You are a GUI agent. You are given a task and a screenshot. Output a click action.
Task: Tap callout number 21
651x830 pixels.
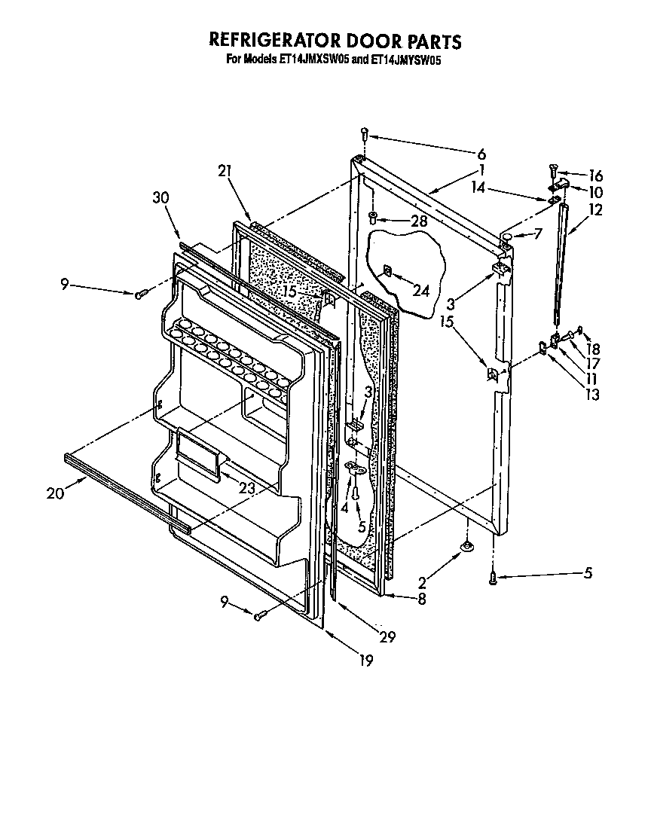pos(223,172)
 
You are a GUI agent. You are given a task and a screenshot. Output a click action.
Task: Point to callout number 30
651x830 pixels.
pos(160,198)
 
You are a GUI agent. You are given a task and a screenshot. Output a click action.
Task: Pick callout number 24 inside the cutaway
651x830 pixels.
pos(422,291)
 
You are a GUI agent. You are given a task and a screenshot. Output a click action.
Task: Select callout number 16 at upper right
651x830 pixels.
pos(595,175)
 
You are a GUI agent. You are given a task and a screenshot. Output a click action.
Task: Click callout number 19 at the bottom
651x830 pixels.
pos(365,661)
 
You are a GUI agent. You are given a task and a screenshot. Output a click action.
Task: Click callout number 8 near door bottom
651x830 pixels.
pos(421,600)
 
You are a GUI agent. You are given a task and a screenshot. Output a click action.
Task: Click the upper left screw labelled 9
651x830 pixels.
pos(140,294)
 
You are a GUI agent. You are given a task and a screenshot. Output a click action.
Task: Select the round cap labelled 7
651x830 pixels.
pos(508,236)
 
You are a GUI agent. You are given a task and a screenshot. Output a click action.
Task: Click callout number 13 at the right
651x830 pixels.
pos(594,395)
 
